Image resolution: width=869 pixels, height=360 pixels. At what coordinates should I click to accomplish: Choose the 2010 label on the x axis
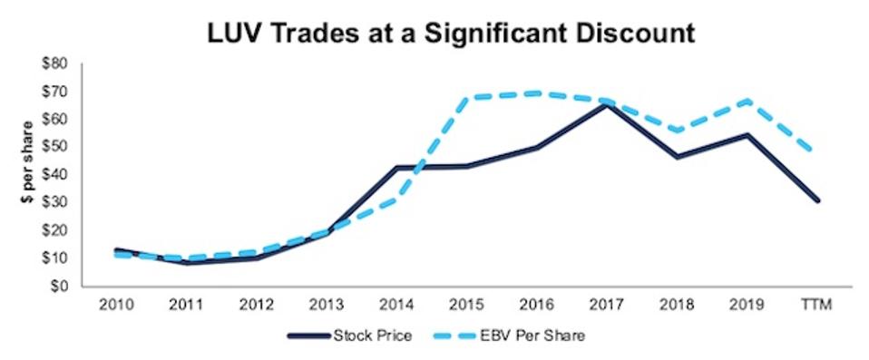[118, 303]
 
